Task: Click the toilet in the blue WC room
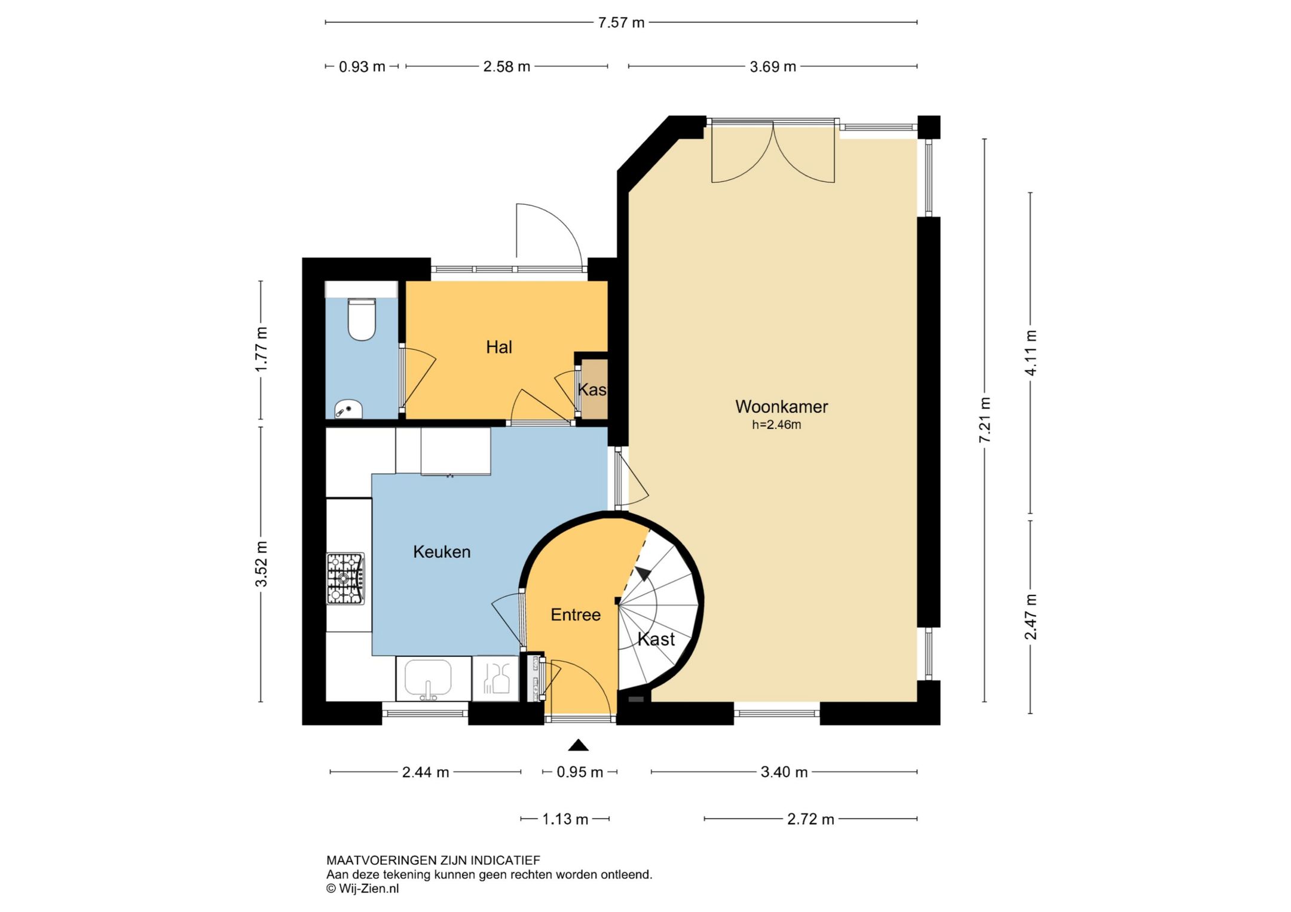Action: pyautogui.click(x=362, y=320)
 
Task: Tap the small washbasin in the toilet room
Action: pyautogui.click(x=348, y=410)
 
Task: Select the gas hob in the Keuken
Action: pyautogui.click(x=345, y=579)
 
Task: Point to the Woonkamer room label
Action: pyautogui.click(x=781, y=407)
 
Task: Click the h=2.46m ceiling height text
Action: pyautogui.click(x=776, y=425)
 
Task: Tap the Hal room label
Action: pyautogui.click(x=499, y=347)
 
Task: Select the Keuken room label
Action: pyautogui.click(x=442, y=552)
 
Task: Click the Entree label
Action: pyautogui.click(x=576, y=615)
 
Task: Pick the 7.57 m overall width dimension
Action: pyautogui.click(x=621, y=23)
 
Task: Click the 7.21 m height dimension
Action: pyautogui.click(x=985, y=420)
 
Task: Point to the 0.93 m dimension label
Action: pyautogui.click(x=362, y=67)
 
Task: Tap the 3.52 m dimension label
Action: pyautogui.click(x=261, y=564)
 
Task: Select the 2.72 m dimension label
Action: pyautogui.click(x=810, y=819)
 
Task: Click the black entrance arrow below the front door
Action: pyautogui.click(x=578, y=745)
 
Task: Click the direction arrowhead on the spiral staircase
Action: pyautogui.click(x=643, y=573)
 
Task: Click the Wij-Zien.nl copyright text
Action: pyautogui.click(x=362, y=889)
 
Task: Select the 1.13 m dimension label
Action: pyautogui.click(x=565, y=819)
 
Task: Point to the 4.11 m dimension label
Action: pyautogui.click(x=1031, y=352)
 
